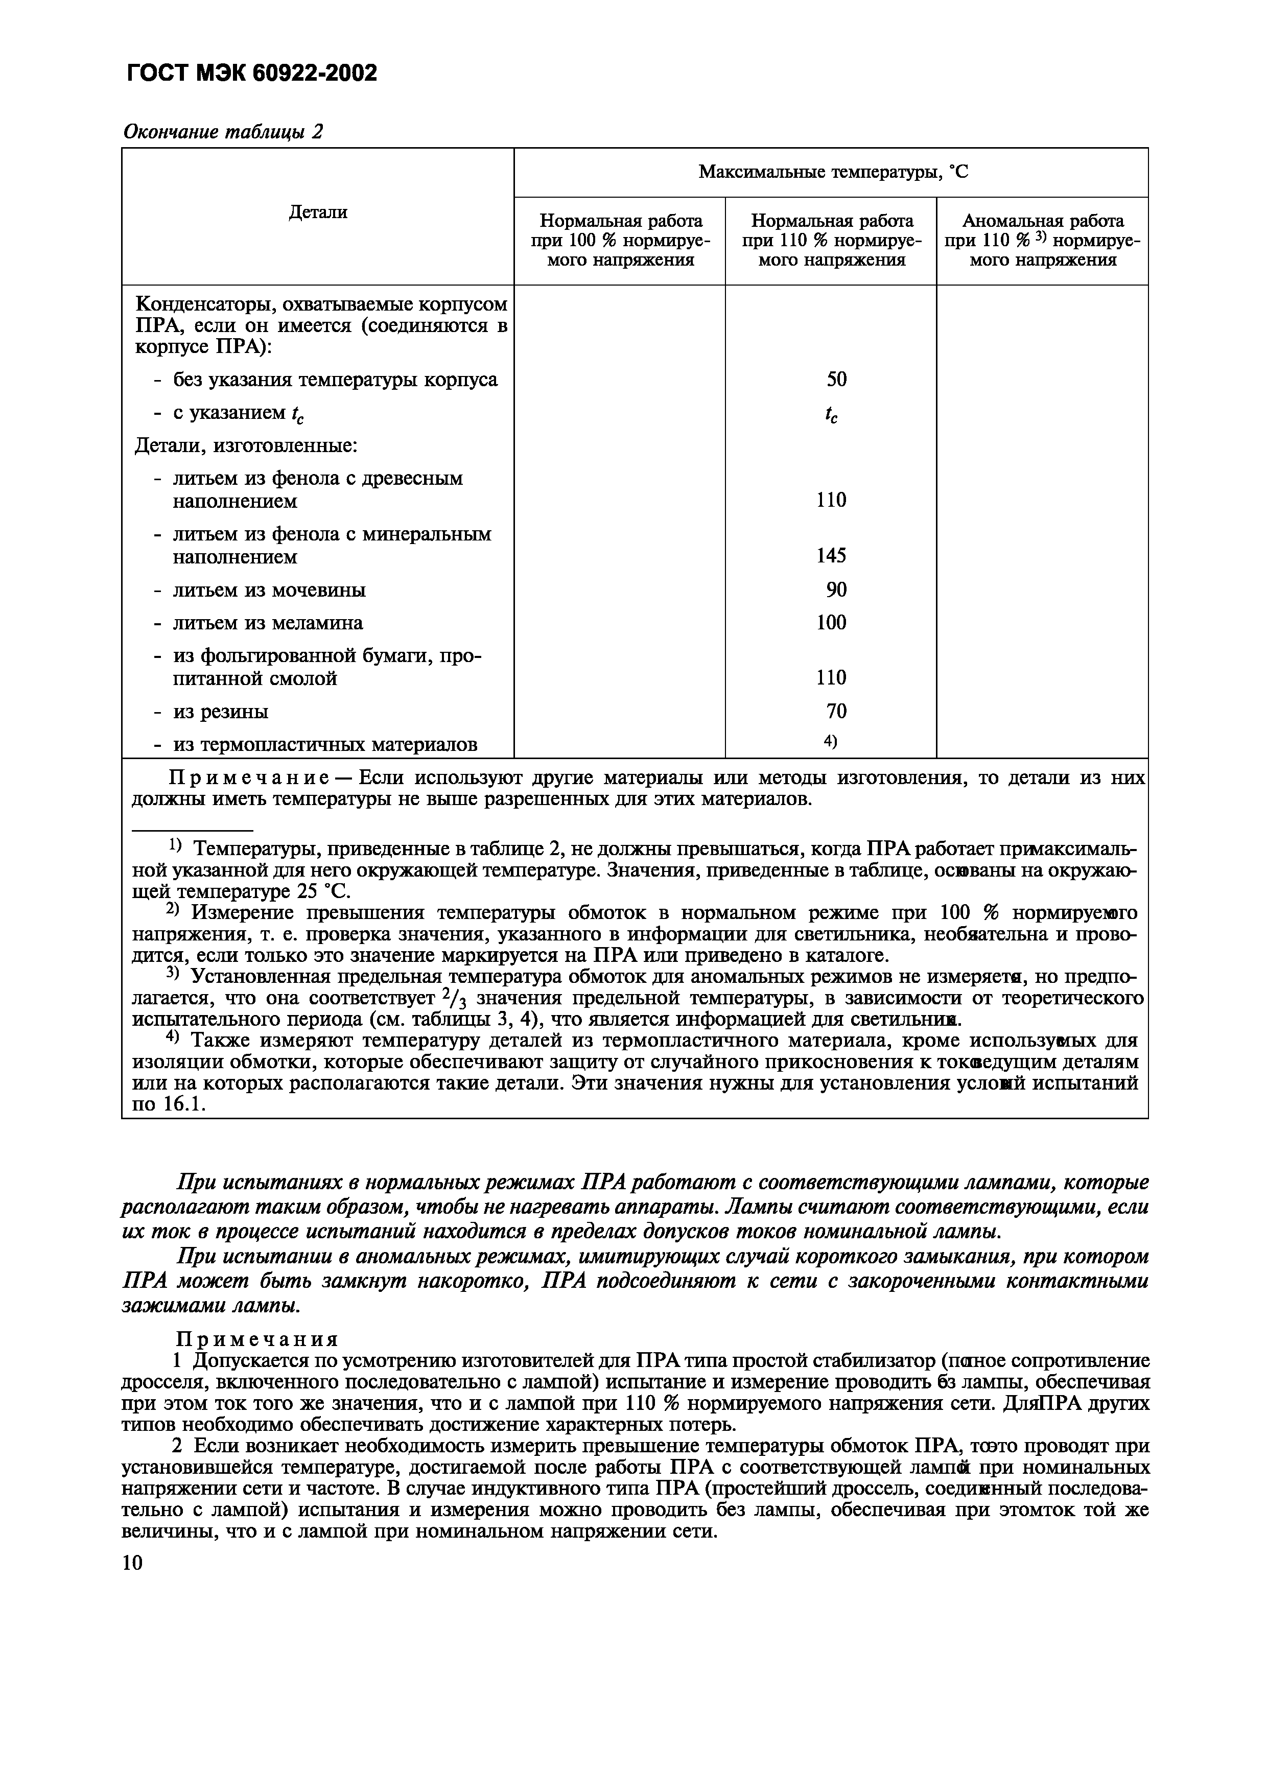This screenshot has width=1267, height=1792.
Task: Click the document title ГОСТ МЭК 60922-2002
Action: pyautogui.click(x=250, y=74)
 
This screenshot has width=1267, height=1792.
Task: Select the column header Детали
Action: pyautogui.click(x=318, y=213)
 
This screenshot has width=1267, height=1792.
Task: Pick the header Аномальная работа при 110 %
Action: pyautogui.click(x=1042, y=241)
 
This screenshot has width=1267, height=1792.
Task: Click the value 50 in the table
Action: pyautogui.click(x=836, y=380)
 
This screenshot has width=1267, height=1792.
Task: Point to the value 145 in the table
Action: pyautogui.click(x=831, y=556)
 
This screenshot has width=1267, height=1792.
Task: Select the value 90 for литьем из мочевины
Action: pyautogui.click(x=836, y=590)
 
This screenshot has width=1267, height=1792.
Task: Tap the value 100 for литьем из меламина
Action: pyautogui.click(x=831, y=623)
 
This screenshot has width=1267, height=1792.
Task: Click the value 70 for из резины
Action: pyautogui.click(x=836, y=711)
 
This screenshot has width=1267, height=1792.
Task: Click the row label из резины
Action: pyautogui.click(x=220, y=712)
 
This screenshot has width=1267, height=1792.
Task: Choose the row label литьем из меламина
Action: pyautogui.click(x=267, y=623)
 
